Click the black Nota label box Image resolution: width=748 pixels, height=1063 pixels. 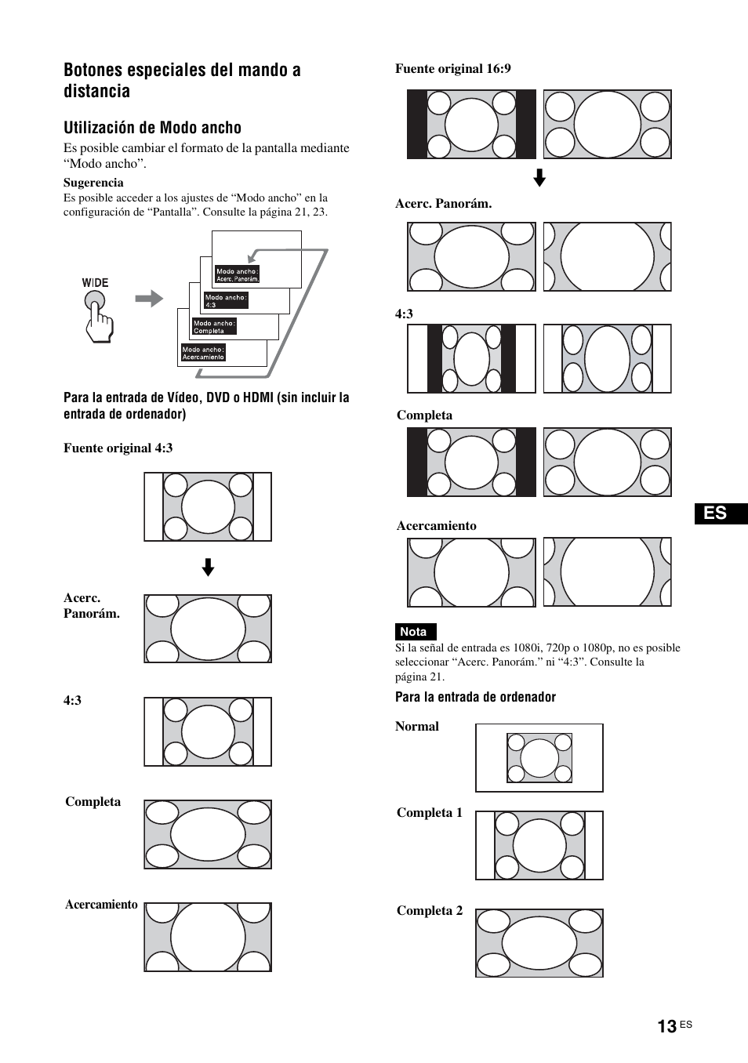click(x=414, y=632)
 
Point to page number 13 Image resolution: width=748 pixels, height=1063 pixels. click(x=666, y=1027)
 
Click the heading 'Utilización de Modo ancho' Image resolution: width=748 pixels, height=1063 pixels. click(x=152, y=128)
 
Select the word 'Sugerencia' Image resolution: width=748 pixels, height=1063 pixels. click(x=93, y=183)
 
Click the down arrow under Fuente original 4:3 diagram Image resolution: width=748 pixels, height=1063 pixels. click(x=208, y=568)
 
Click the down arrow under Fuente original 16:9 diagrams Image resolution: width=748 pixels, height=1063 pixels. click(x=539, y=179)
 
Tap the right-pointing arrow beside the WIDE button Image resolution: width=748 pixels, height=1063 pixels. click(x=149, y=299)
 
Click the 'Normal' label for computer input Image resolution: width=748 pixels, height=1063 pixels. click(x=417, y=727)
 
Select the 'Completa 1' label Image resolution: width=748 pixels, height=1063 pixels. click(x=430, y=813)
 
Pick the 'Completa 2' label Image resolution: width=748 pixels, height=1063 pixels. click(x=430, y=911)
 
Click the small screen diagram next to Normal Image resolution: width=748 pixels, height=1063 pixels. click(x=539, y=758)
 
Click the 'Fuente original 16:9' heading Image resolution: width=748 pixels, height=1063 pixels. click(x=452, y=69)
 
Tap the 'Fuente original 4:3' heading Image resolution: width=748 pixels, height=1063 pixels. click(x=118, y=448)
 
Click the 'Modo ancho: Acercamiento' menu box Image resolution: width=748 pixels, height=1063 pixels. click(x=203, y=354)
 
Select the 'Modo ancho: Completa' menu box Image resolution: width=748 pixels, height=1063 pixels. click(x=214, y=327)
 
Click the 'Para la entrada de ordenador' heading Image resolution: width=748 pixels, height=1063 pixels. click(x=475, y=698)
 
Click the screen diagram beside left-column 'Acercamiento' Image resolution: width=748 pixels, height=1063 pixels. click(x=208, y=938)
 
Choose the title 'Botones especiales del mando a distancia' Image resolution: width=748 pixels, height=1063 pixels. click(x=182, y=80)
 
